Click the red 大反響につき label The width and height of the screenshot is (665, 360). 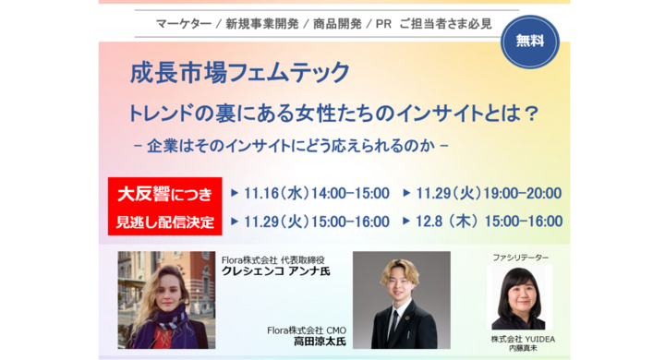coord(164,194)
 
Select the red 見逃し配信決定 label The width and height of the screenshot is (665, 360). coord(164,222)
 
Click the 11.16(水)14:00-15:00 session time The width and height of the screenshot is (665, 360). coord(317,194)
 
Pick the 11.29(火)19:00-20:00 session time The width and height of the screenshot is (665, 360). coord(489,194)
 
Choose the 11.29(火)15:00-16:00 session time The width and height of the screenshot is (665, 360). coord(317,222)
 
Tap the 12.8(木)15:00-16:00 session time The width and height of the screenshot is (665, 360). coord(489,222)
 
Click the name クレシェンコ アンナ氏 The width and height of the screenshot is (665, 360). coord(276,271)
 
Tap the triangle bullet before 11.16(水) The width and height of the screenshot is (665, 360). coord(236,194)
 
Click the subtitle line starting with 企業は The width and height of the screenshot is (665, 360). coord(291,146)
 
